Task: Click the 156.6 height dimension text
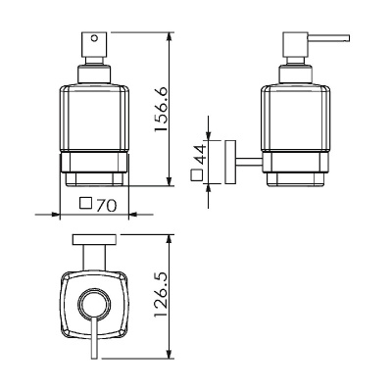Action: click(x=161, y=110)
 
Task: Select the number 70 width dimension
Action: click(x=107, y=206)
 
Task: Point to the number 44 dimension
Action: click(x=199, y=155)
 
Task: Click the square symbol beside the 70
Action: click(x=86, y=203)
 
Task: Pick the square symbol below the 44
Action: click(x=197, y=175)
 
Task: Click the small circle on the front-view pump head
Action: click(x=95, y=38)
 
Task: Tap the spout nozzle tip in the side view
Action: click(x=347, y=37)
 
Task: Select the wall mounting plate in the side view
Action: click(x=230, y=162)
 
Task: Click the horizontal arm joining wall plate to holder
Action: click(x=249, y=162)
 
